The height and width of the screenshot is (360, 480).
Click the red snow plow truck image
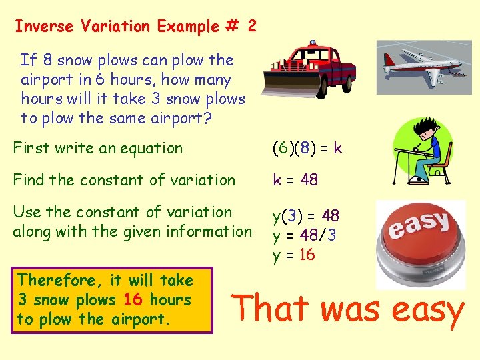click(311, 70)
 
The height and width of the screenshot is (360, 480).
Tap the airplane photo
click(423, 67)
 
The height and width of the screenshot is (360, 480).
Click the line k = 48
click(295, 180)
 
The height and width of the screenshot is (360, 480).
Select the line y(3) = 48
click(306, 216)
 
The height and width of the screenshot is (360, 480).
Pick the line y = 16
click(293, 255)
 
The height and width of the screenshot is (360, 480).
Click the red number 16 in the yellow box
click(133, 300)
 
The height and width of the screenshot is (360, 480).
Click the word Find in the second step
click(29, 180)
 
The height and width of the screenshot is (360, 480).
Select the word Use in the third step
click(27, 212)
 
